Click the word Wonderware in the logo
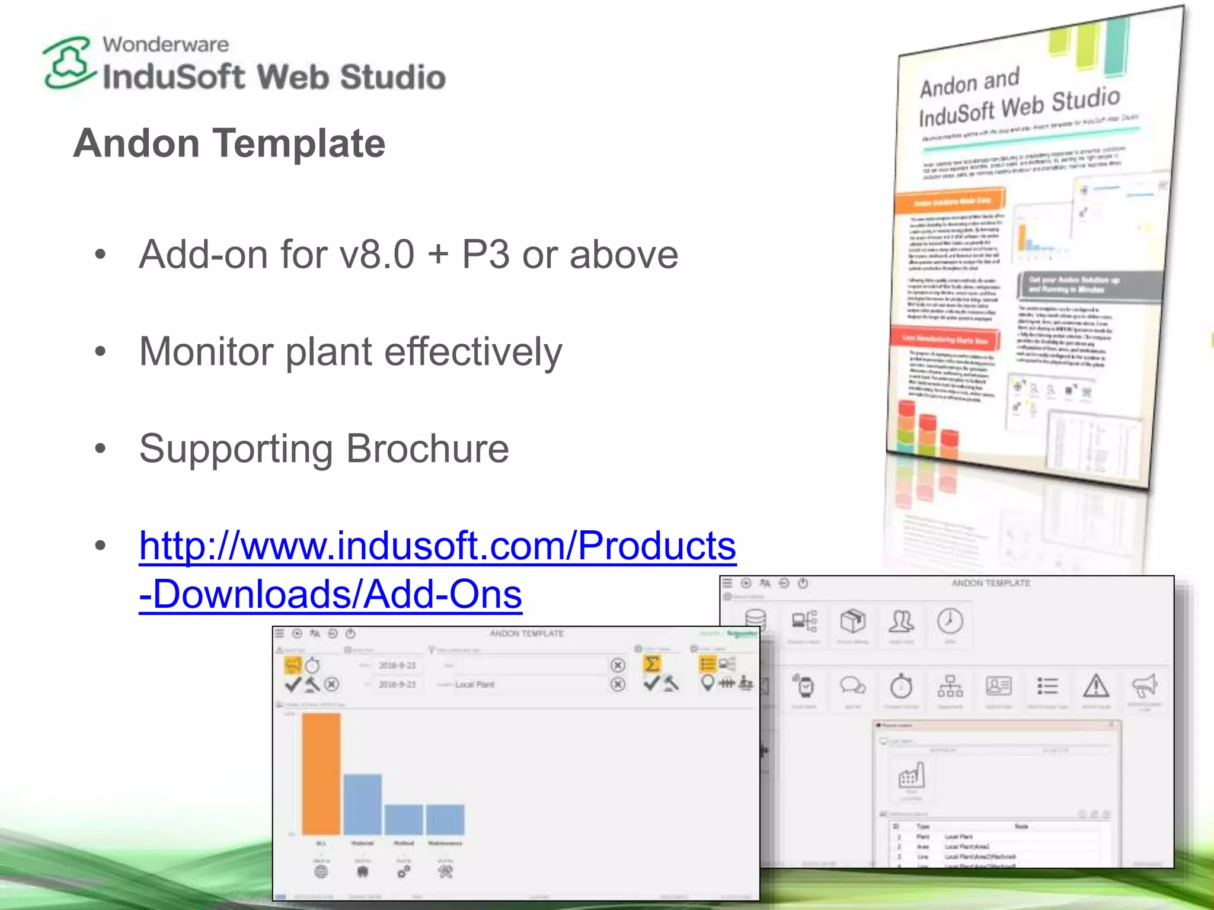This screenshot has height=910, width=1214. (165, 44)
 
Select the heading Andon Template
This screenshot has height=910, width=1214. (229, 143)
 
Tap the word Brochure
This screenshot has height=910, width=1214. (427, 449)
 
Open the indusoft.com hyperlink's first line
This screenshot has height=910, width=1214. (437, 546)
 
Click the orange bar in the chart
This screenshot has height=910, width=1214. (321, 773)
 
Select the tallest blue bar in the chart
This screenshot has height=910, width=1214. (362, 804)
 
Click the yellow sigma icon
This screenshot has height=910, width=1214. (651, 664)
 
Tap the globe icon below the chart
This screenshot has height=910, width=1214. (321, 871)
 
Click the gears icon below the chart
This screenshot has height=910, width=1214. (404, 871)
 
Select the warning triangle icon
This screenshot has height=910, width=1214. (1096, 686)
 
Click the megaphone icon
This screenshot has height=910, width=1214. (1145, 686)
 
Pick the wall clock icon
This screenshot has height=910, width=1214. (950, 621)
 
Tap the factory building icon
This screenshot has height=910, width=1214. (911, 774)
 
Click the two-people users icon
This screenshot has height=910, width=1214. (901, 621)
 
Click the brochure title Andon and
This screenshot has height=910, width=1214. (970, 83)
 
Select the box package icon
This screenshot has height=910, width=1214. (852, 621)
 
